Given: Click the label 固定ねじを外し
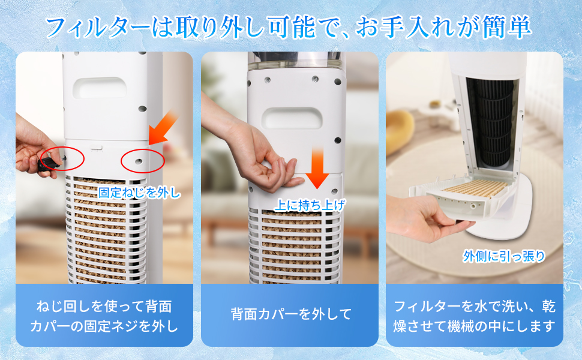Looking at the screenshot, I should [x=139, y=193].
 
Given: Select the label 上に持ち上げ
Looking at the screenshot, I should [x=310, y=205].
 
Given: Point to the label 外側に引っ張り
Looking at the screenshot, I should [x=504, y=256].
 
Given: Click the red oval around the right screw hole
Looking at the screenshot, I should [x=142, y=160].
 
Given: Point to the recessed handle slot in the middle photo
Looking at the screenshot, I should [x=292, y=118].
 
